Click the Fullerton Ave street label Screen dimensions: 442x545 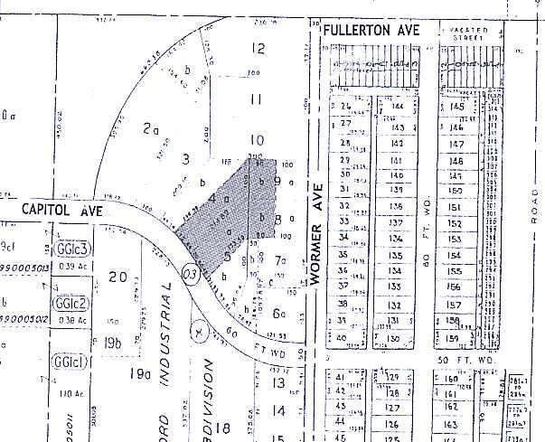pos(373,32)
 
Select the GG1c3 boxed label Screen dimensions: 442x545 pos(70,249)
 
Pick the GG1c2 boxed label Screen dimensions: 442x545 pos(69,303)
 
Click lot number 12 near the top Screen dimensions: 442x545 pos(258,49)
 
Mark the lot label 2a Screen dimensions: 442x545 pos(151,129)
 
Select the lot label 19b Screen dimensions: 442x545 pos(112,342)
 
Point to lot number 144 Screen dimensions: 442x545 pos(399,106)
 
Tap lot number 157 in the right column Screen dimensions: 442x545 pos(456,306)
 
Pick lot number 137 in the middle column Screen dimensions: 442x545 pos(395,222)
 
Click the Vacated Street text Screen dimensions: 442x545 pos(468,33)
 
